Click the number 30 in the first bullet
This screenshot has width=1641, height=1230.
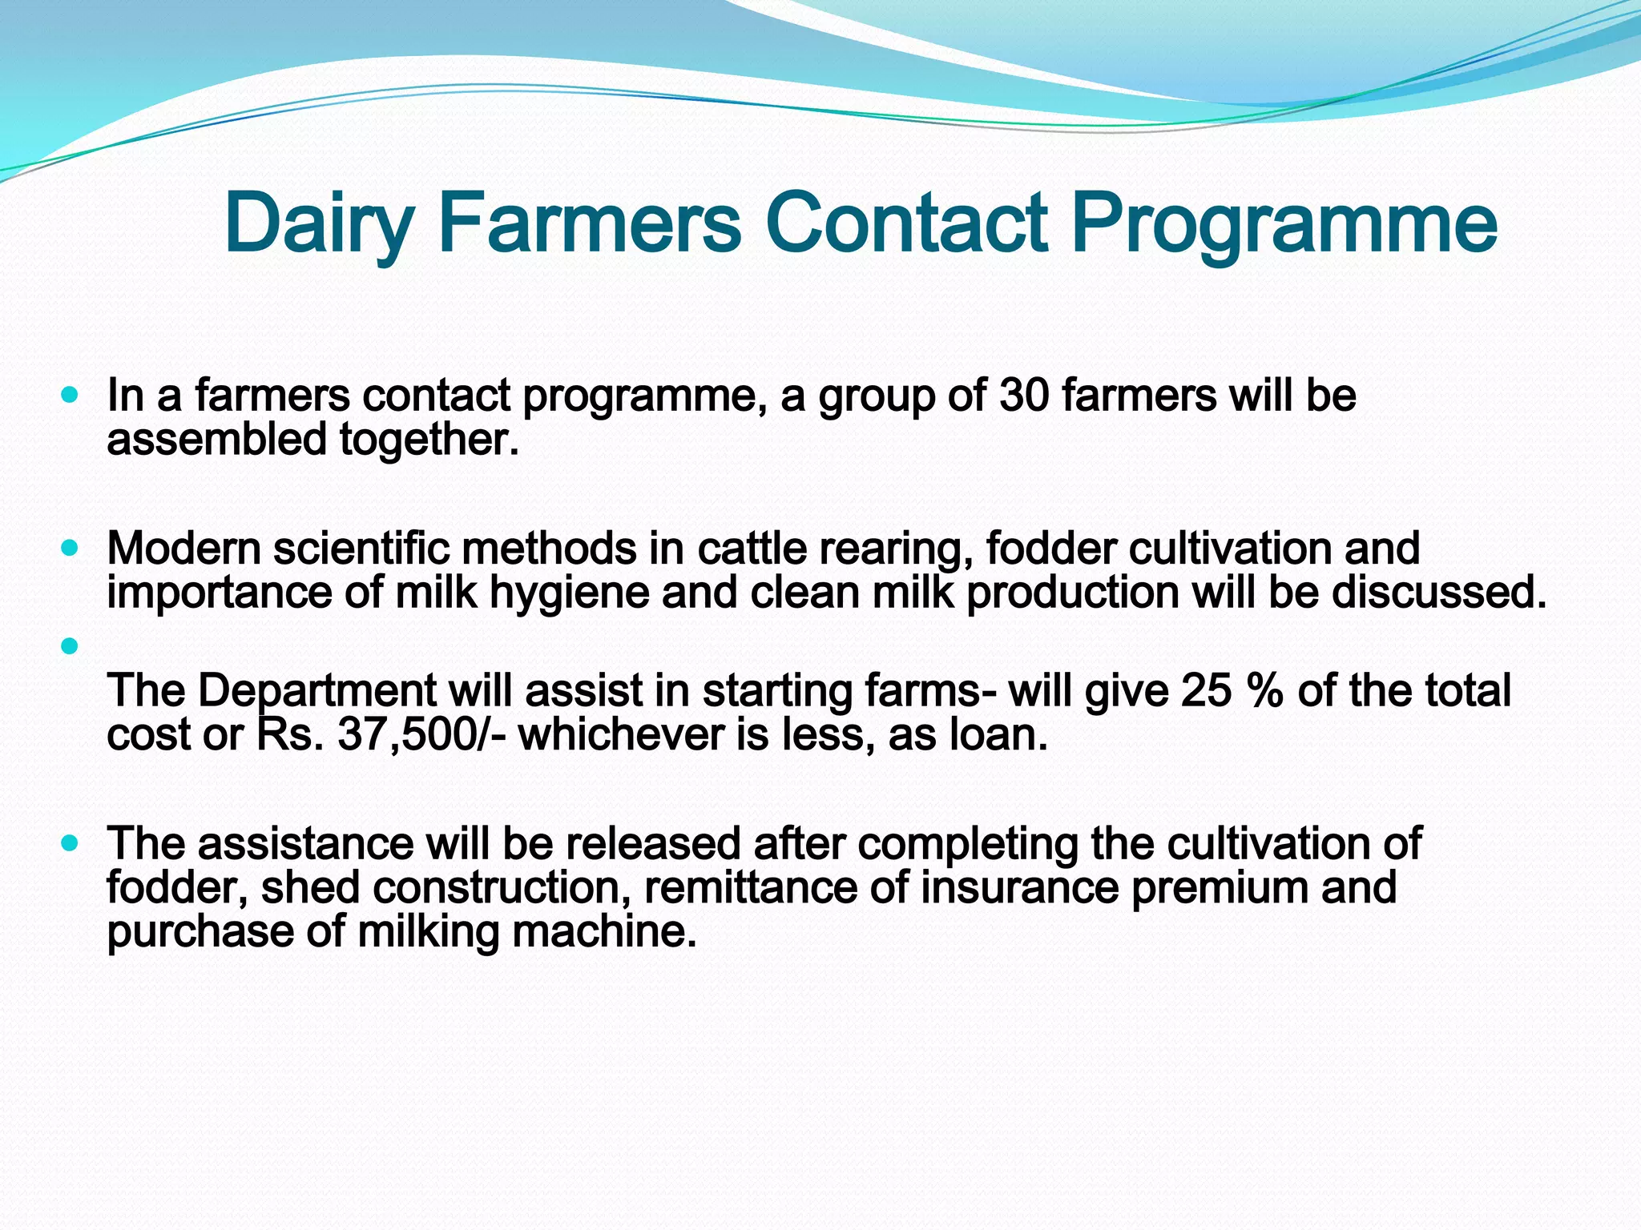[x=1024, y=396]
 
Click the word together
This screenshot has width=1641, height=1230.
[x=429, y=441]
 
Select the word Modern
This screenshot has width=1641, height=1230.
[x=183, y=549]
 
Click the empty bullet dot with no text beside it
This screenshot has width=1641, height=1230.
[x=70, y=645]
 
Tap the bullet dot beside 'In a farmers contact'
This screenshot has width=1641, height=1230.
[x=70, y=395]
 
